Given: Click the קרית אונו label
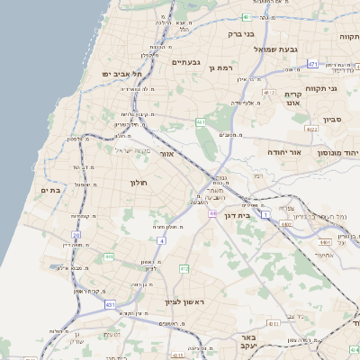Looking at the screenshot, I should click(x=292, y=99).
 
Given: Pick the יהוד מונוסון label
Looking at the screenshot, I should click(x=337, y=153).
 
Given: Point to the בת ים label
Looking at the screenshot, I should click(x=49, y=190).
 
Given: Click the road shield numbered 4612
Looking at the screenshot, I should click(x=269, y=92).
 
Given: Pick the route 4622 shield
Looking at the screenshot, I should click(x=311, y=130).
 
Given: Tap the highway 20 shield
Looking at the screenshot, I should click(x=76, y=235).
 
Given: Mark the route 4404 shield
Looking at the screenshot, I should click(x=324, y=242).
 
